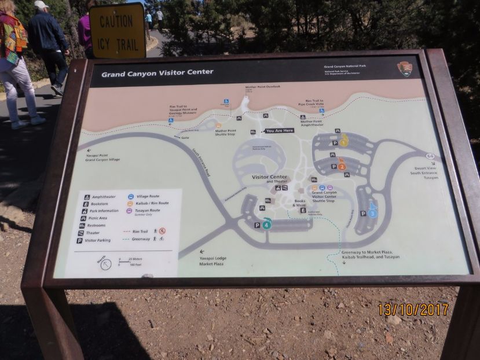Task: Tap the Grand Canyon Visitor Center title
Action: click(157, 73)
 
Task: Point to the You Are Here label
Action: click(279, 131)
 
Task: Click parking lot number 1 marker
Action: click(344, 141)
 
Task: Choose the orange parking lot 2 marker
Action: click(342, 166)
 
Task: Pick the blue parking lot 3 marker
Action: click(372, 212)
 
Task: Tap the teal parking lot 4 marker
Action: click(266, 224)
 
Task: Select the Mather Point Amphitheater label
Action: click(312, 123)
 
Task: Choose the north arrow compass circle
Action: click(106, 263)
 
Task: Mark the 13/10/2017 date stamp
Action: click(413, 309)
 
